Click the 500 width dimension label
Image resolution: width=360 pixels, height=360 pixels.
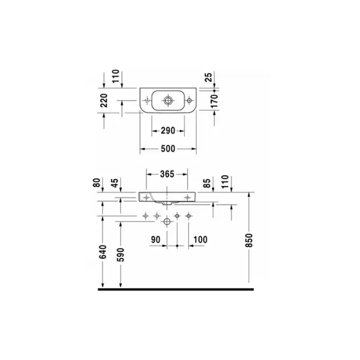click(x=168, y=149)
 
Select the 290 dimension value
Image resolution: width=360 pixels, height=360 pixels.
click(x=168, y=131)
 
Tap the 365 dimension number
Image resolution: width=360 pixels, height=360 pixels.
click(x=167, y=174)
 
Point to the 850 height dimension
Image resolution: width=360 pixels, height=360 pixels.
click(x=248, y=241)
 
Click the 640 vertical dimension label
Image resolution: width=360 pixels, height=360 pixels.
click(x=103, y=252)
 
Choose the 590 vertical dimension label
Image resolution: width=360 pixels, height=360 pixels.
click(x=121, y=254)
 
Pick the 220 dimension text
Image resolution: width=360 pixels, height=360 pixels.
click(x=104, y=100)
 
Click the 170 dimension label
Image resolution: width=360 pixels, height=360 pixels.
click(x=214, y=101)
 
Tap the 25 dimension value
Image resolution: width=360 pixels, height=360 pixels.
click(x=208, y=77)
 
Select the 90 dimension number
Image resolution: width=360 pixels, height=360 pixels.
click(x=155, y=239)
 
